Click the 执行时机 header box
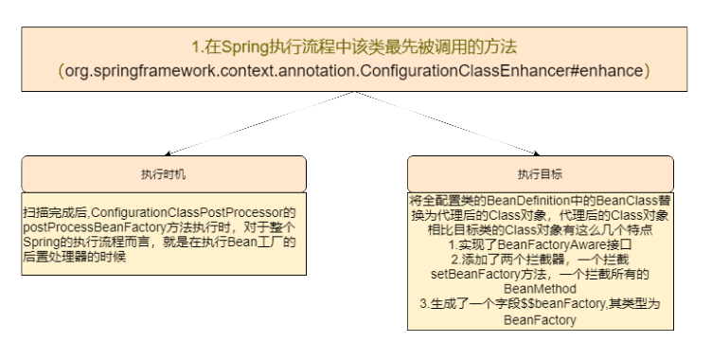point(164,174)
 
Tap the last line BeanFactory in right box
point(541,321)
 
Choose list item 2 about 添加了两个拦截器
point(541,258)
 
